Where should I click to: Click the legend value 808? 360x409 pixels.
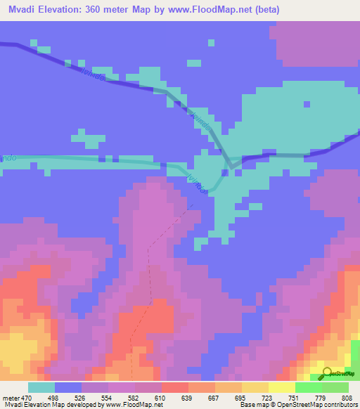tap(346, 397)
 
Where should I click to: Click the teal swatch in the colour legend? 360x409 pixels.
tap(41, 387)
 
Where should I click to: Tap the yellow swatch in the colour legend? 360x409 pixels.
tap(255, 387)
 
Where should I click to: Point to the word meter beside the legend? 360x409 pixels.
tap(10, 397)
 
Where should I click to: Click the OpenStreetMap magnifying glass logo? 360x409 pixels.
tap(326, 373)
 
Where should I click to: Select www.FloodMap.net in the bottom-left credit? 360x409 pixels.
tap(136, 405)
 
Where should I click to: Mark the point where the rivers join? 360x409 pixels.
tap(231, 167)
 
